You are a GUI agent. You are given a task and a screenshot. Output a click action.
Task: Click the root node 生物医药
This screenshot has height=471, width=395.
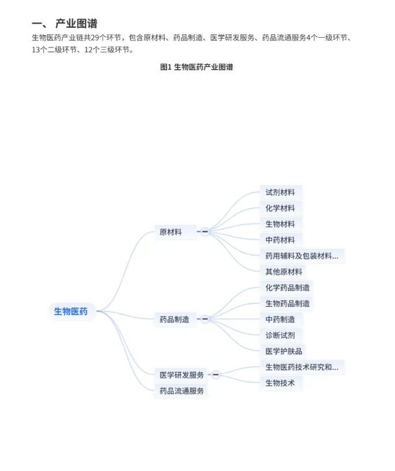click(71, 311)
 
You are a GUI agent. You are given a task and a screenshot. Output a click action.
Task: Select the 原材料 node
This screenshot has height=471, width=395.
click(171, 232)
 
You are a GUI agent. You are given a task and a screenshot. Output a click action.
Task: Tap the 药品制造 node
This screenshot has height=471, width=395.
click(174, 319)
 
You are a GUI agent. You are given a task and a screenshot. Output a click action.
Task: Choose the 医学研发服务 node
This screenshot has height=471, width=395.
click(182, 375)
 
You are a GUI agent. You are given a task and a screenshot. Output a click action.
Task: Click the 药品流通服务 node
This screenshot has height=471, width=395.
click(182, 391)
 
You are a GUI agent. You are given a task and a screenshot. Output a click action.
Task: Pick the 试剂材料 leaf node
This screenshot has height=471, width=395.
click(280, 192)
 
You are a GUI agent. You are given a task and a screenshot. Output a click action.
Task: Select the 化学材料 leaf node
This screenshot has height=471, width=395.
click(280, 208)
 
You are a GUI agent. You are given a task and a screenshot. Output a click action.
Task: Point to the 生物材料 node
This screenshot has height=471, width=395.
click(280, 224)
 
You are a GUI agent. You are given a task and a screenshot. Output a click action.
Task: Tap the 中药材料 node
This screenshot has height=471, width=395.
click(280, 240)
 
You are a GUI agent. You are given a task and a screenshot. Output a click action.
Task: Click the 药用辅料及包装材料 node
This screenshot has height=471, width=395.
click(301, 255)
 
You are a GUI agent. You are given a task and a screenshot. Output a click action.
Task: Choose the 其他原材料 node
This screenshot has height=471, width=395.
click(284, 271)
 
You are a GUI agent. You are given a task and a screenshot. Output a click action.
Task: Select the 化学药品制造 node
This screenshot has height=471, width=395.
click(287, 287)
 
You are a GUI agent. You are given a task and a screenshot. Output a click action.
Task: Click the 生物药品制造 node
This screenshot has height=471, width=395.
click(287, 303)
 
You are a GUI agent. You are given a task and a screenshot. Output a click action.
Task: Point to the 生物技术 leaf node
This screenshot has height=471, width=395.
click(280, 382)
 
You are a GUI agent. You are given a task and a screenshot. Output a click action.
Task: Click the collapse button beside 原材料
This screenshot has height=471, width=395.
click(204, 232)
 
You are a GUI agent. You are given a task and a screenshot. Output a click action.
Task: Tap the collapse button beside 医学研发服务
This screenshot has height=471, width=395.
click(215, 375)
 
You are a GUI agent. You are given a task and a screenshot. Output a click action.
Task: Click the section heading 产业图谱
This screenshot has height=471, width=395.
click(76, 24)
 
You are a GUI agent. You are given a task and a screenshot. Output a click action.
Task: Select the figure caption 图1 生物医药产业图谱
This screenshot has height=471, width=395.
click(196, 67)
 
